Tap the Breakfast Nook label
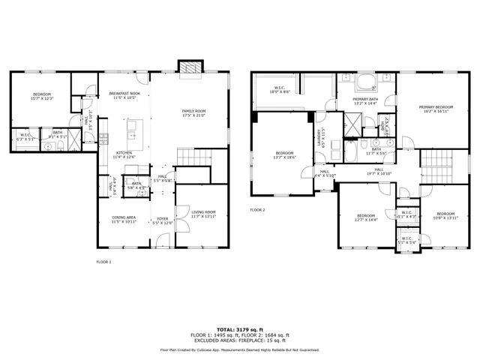pyautogui.click(x=124, y=95)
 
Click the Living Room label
pyautogui.click(x=203, y=214)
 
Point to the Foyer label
pyautogui.click(x=163, y=221)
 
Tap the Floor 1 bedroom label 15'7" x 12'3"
pyautogui.click(x=41, y=96)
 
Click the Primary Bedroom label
pyautogui.click(x=435, y=109)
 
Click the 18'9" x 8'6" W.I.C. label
pyautogui.click(x=280, y=89)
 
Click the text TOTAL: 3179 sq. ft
pyautogui.click(x=239, y=329)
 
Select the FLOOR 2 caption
pyautogui.click(x=257, y=210)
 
